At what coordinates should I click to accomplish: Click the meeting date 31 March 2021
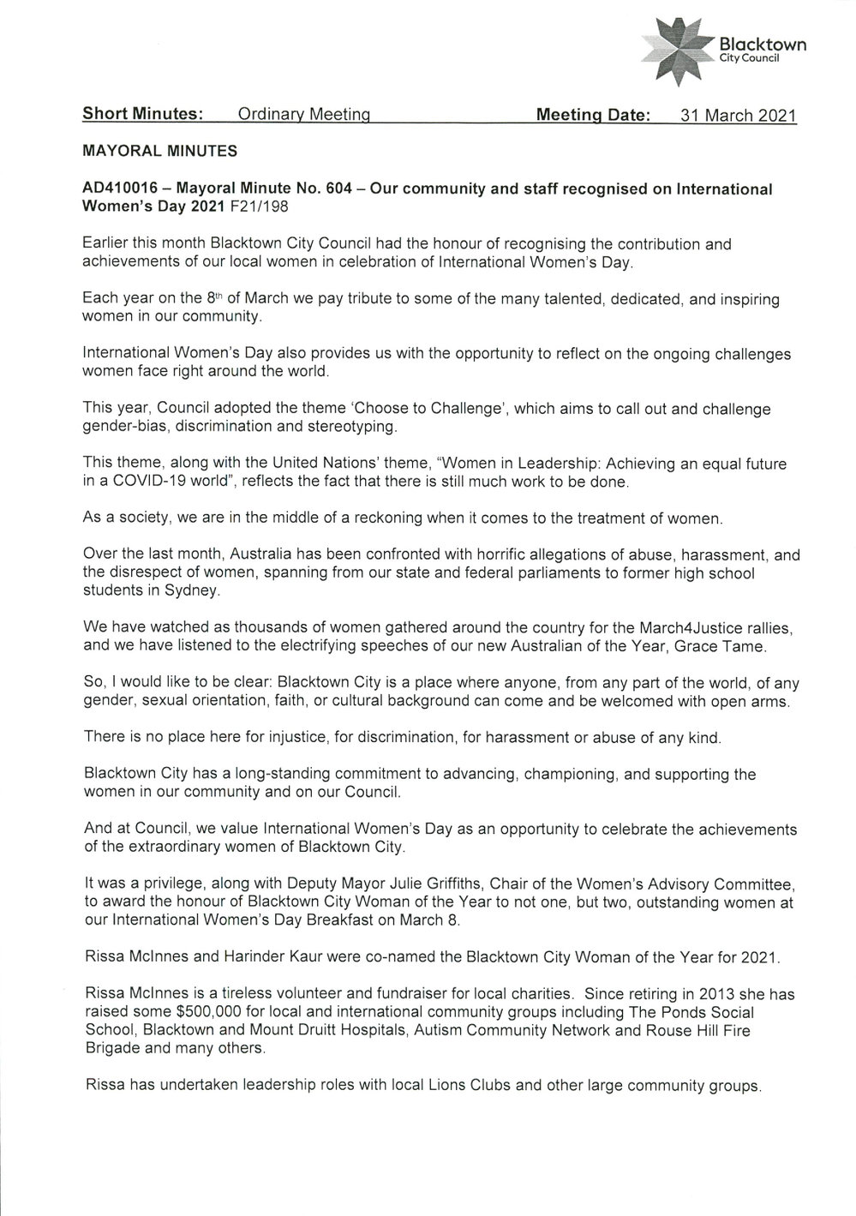coord(738,115)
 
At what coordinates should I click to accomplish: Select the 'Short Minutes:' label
coord(142,114)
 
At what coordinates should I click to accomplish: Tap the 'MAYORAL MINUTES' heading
coord(159,152)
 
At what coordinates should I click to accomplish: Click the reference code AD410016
coord(120,189)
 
